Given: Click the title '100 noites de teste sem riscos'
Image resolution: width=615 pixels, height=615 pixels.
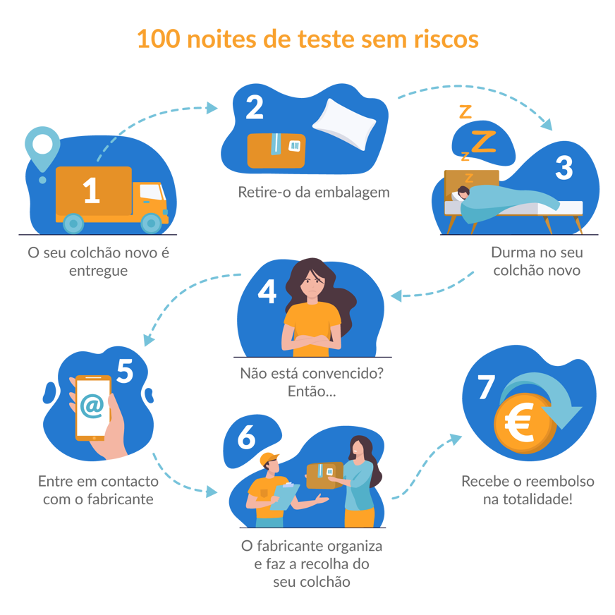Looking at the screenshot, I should (x=307, y=39).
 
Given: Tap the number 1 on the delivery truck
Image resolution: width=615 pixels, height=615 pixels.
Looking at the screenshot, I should (x=92, y=191).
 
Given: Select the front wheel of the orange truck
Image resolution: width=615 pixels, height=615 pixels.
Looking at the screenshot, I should (x=151, y=223).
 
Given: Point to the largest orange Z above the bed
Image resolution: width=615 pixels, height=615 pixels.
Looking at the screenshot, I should (x=483, y=142).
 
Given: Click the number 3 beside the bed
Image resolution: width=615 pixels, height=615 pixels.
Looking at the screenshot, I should (x=564, y=168).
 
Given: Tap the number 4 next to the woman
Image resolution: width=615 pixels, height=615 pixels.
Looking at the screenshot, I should (x=267, y=291).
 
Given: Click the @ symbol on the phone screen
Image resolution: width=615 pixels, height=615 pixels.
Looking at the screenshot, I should (x=92, y=406).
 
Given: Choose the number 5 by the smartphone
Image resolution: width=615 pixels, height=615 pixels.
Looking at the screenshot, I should (x=125, y=372).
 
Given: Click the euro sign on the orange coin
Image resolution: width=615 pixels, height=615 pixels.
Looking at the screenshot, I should (x=523, y=425).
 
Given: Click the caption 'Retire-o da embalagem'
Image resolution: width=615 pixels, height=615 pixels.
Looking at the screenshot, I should (x=313, y=192).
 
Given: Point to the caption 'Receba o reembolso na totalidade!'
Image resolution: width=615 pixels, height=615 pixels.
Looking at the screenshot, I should (x=528, y=490).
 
